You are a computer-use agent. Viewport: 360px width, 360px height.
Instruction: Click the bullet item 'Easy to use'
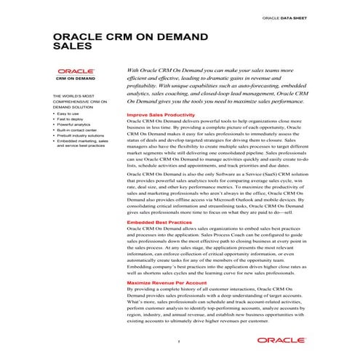pos(68,114)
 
